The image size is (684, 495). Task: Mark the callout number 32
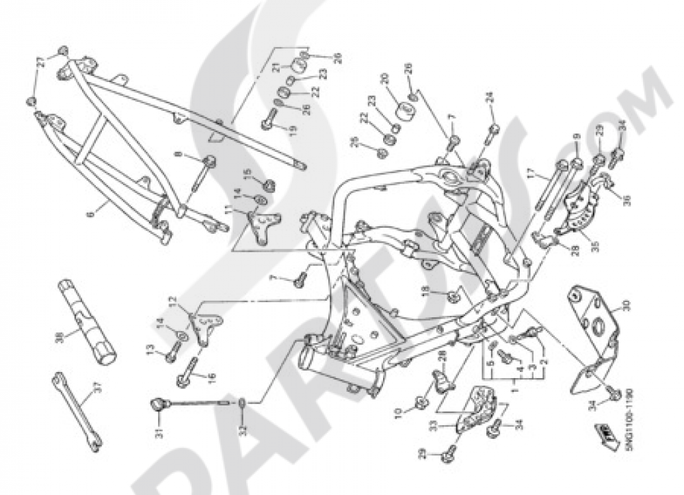pos(243,431)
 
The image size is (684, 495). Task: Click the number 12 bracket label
pos(173,301)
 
